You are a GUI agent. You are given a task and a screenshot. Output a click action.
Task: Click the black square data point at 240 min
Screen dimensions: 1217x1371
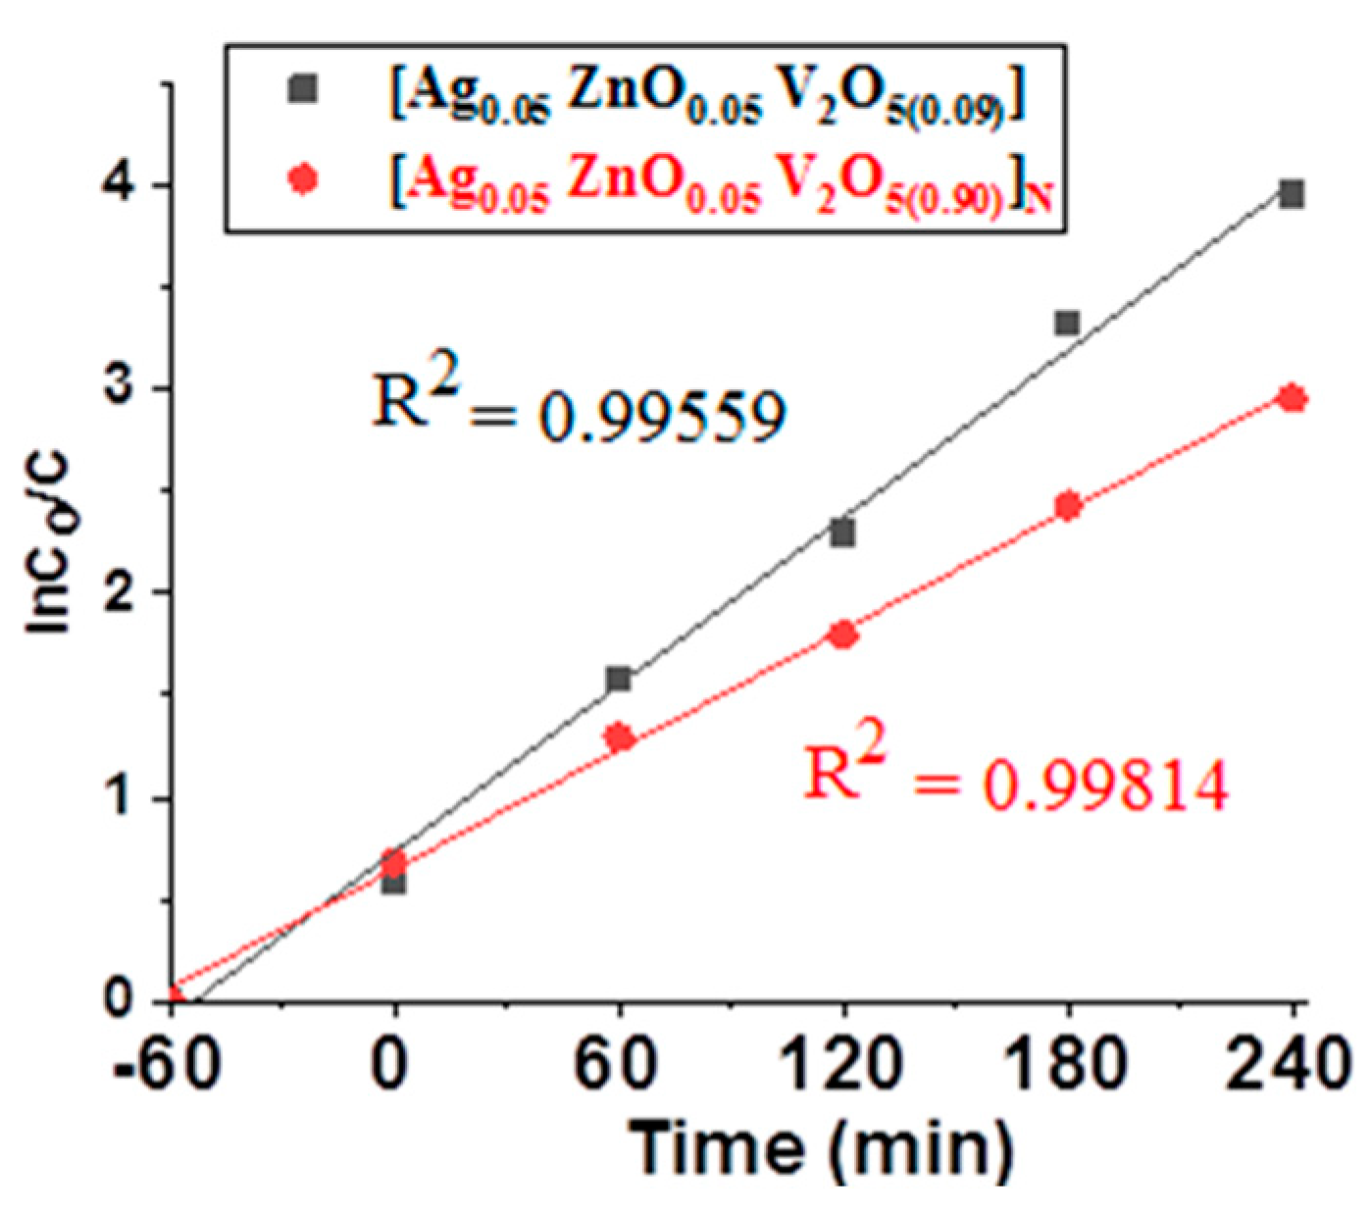[x=1292, y=194]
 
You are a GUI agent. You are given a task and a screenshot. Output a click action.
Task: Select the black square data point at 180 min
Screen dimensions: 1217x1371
[x=1067, y=323]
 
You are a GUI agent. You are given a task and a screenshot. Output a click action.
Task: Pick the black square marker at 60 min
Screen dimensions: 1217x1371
[x=618, y=679]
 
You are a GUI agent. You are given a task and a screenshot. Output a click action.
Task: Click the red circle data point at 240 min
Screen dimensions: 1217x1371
[x=1293, y=398]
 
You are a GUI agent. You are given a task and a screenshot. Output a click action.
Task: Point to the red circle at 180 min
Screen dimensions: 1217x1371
[x=1068, y=506]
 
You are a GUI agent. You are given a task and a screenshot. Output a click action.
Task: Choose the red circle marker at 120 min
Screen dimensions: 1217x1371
[x=842, y=635]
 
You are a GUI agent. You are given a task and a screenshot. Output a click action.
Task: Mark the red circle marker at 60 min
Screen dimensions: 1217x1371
[x=619, y=736]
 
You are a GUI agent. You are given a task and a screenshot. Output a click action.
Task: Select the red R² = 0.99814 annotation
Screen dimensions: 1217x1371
[x=1015, y=778]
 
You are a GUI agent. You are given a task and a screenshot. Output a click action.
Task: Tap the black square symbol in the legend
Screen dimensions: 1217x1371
[x=302, y=89]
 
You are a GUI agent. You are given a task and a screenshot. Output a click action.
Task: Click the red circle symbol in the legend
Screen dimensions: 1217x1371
[x=303, y=179]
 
